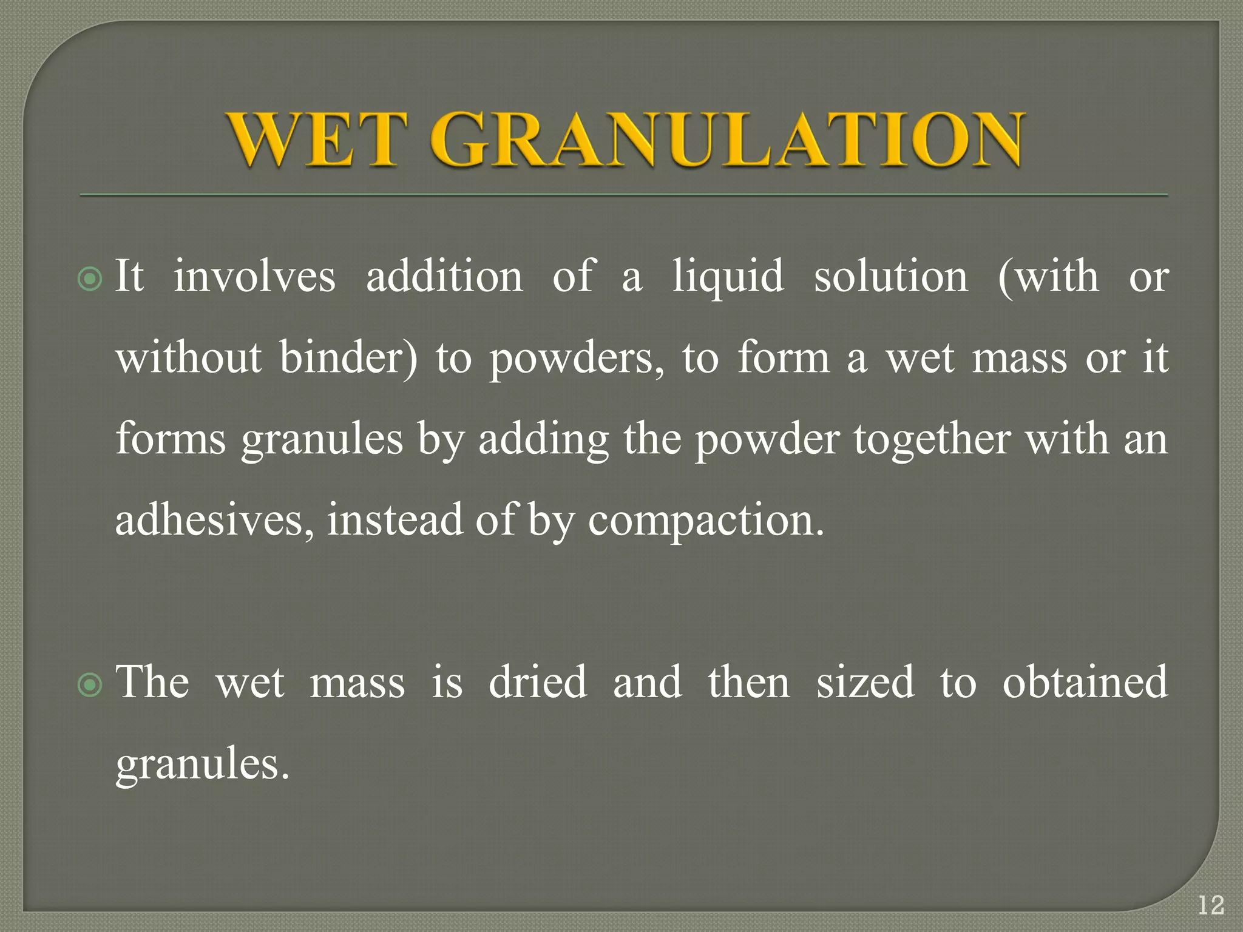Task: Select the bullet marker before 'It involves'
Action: [x=90, y=279]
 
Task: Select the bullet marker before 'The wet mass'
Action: [x=90, y=685]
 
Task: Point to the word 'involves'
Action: [x=255, y=277]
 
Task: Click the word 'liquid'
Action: [x=728, y=278]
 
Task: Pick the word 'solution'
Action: [x=890, y=277]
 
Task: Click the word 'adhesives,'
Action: [x=215, y=521]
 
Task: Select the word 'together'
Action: [x=932, y=441]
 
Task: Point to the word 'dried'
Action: [x=538, y=682]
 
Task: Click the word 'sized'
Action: [x=865, y=682]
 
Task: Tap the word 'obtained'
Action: [x=1085, y=682]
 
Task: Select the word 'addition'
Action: [x=444, y=277]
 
